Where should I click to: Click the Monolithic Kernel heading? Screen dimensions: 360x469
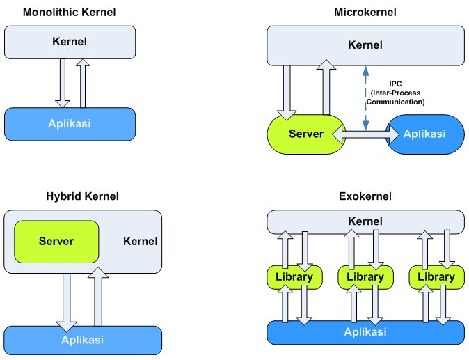click(70, 12)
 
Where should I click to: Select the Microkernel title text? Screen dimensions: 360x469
click(365, 12)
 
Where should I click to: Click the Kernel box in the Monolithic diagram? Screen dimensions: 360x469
click(70, 42)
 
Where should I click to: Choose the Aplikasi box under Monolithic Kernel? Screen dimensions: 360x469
click(70, 124)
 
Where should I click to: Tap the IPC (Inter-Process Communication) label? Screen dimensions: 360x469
click(398, 93)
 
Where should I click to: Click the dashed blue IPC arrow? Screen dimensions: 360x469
click(365, 97)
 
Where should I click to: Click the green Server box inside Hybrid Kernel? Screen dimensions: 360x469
click(56, 241)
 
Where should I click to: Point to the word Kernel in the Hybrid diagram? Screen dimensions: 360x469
click(140, 242)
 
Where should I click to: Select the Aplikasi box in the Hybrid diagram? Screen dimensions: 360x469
click(82, 340)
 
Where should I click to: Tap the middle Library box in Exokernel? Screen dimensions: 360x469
click(365, 277)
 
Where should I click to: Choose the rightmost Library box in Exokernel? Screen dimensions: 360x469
click(436, 277)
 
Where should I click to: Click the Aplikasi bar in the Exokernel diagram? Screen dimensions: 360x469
click(365, 331)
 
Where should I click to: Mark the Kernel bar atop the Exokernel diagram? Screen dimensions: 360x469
click(365, 222)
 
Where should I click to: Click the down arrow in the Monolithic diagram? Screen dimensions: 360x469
click(62, 82)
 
